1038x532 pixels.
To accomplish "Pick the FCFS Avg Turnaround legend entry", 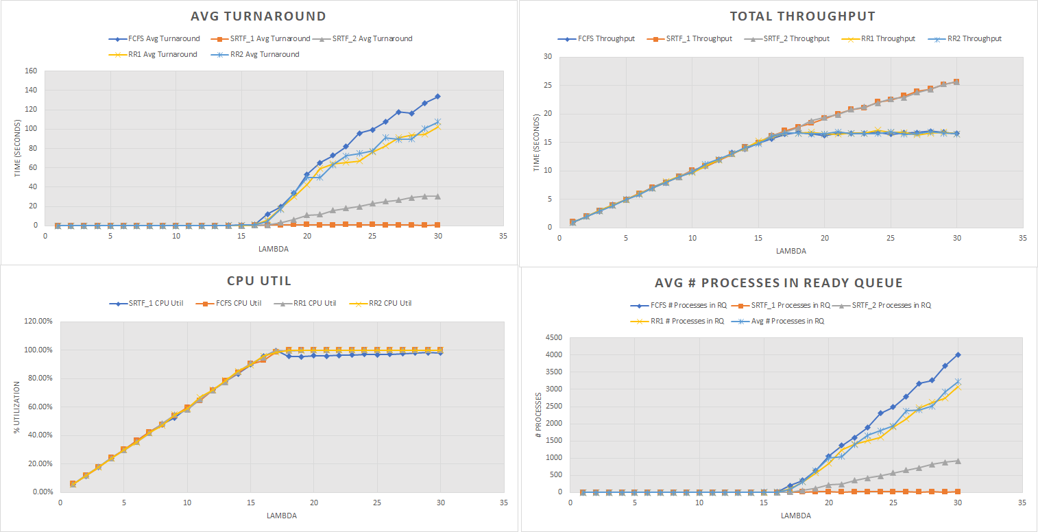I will (x=154, y=38).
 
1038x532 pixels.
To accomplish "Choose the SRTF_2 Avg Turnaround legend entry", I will (x=368, y=38).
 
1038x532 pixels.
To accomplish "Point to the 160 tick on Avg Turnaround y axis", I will (x=30, y=71).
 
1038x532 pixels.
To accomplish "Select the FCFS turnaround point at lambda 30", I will (x=437, y=97).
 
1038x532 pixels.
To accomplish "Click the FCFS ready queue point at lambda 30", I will (x=958, y=355).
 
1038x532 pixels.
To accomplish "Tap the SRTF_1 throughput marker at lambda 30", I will (x=956, y=82).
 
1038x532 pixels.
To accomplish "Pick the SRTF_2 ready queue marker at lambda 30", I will (x=958, y=461).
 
